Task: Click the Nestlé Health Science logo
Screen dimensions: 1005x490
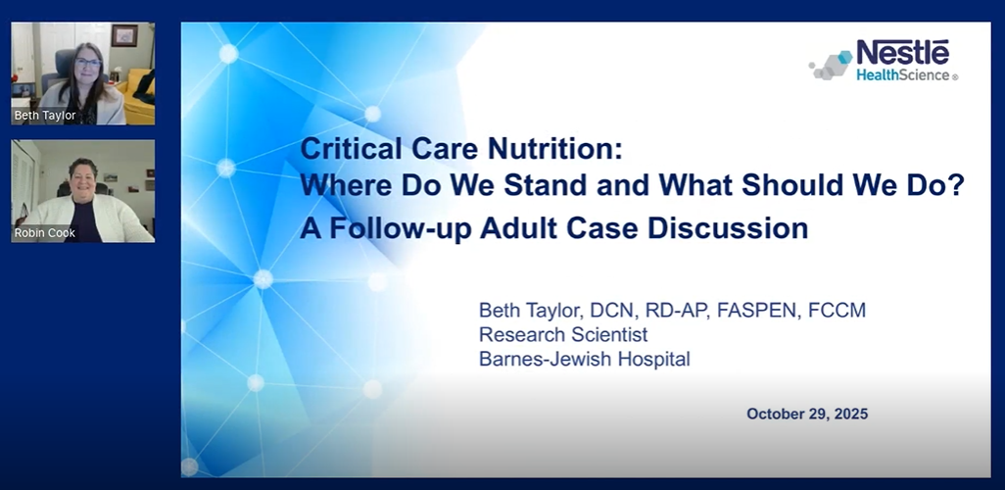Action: [x=884, y=60]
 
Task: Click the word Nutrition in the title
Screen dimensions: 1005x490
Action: [x=554, y=149]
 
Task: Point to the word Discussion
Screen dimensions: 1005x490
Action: [x=728, y=228]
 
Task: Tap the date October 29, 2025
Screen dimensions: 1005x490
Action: [x=807, y=414]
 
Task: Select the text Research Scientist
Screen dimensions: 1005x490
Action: [x=563, y=335]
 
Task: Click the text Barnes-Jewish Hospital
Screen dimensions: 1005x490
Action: [x=585, y=359]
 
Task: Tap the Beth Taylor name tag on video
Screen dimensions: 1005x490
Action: [x=45, y=116]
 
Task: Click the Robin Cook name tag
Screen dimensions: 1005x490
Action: [x=44, y=233]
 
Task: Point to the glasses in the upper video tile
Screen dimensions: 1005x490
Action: [x=88, y=63]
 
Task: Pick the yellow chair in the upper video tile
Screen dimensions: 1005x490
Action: [x=139, y=96]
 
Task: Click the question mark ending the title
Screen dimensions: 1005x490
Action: [x=958, y=185]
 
